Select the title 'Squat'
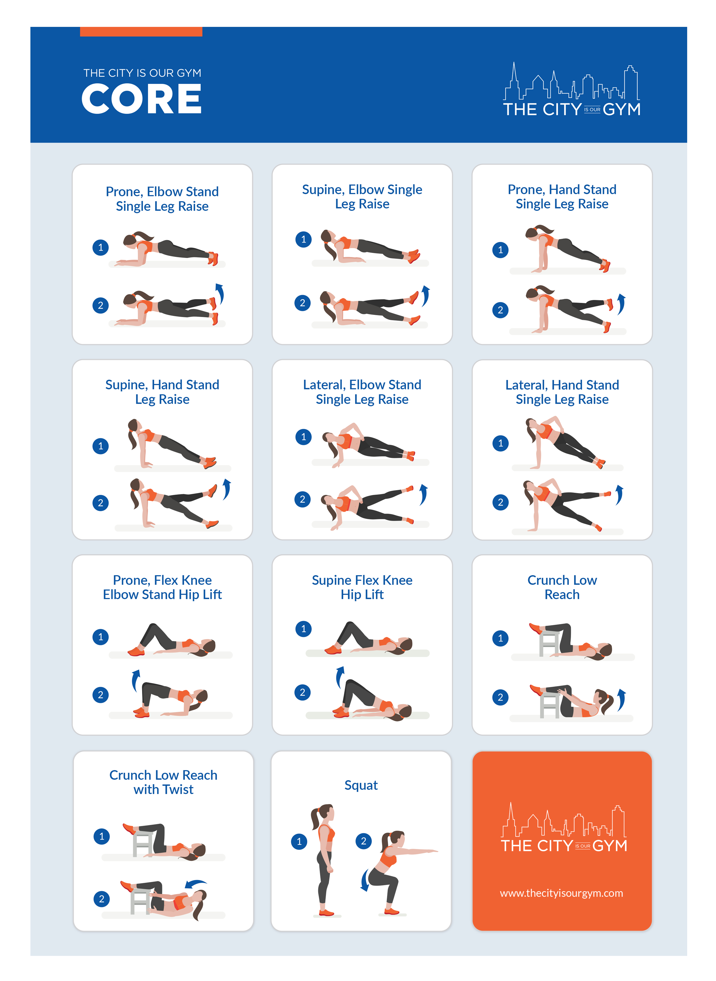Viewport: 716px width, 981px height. click(x=361, y=785)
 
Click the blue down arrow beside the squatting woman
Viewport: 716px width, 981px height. click(x=365, y=880)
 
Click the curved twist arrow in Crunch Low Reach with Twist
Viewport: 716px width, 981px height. click(x=196, y=883)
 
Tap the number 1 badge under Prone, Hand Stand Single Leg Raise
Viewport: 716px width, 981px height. click(x=500, y=250)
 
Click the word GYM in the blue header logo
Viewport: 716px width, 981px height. click(x=621, y=110)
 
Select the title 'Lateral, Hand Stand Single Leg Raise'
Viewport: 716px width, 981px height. click(x=562, y=392)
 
